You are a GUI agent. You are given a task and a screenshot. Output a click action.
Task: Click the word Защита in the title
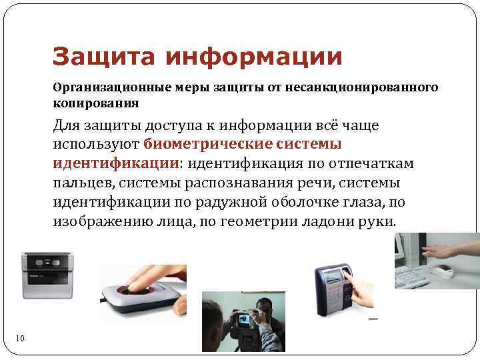tap(103, 57)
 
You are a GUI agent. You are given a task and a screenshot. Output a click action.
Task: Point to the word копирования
tap(96, 103)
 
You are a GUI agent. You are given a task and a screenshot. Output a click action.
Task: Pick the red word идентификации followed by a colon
tap(116, 163)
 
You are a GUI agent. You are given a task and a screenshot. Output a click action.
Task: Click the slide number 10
tap(20, 339)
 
